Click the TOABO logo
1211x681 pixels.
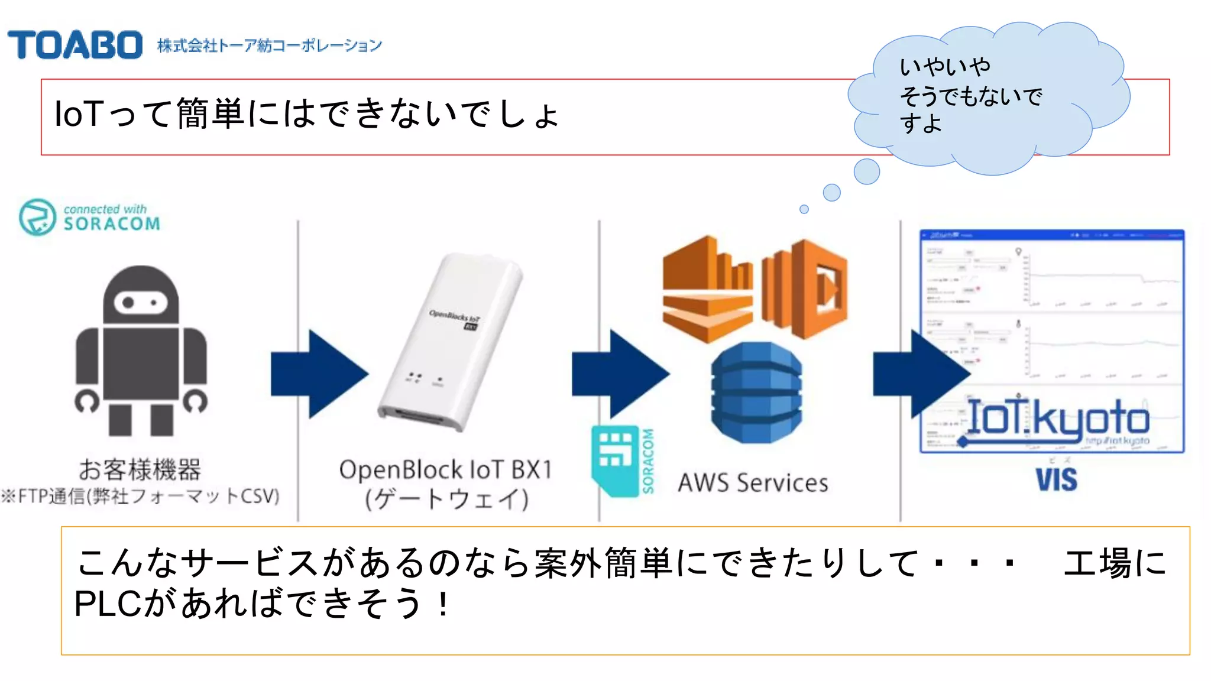(75, 45)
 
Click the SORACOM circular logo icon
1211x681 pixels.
(37, 217)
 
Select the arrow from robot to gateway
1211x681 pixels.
(319, 374)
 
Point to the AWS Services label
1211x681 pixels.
(753, 483)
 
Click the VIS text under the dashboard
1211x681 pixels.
(1056, 479)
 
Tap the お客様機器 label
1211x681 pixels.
(140, 469)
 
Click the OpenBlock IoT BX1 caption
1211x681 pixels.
(446, 471)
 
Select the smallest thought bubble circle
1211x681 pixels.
(804, 209)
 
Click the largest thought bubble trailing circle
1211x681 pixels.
(867, 171)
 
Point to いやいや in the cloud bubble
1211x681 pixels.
(944, 67)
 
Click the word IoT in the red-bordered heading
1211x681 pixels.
(79, 113)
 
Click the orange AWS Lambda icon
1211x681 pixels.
(805, 289)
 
